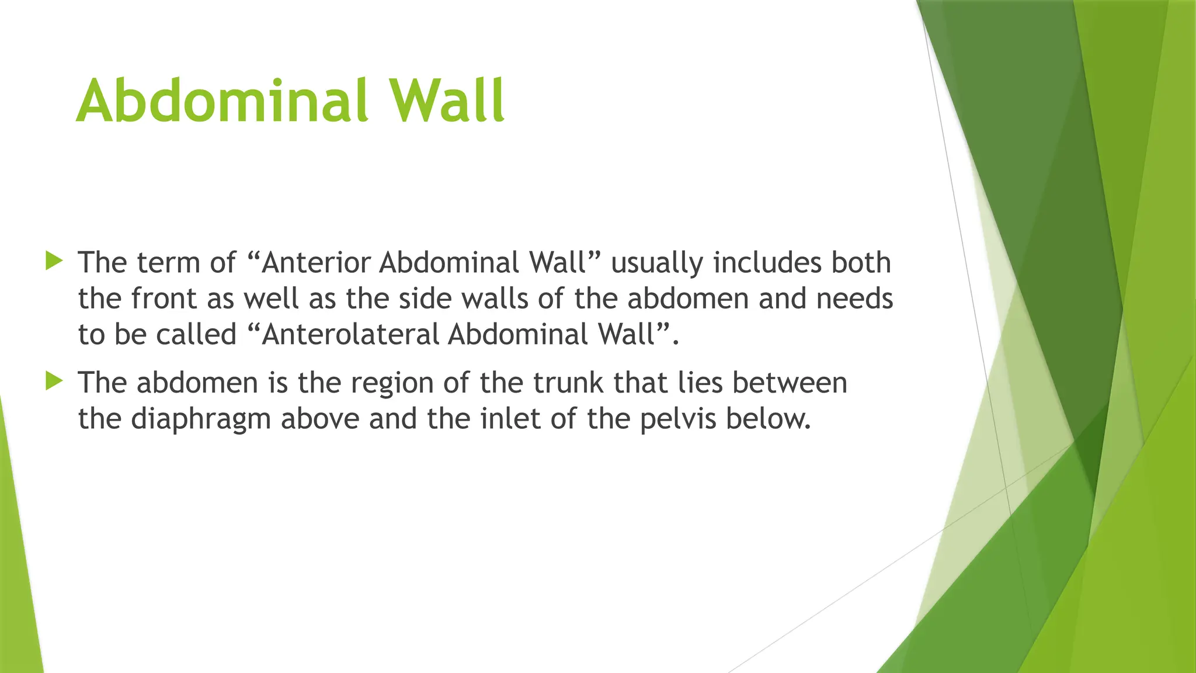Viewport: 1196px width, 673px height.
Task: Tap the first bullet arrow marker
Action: click(x=54, y=261)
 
